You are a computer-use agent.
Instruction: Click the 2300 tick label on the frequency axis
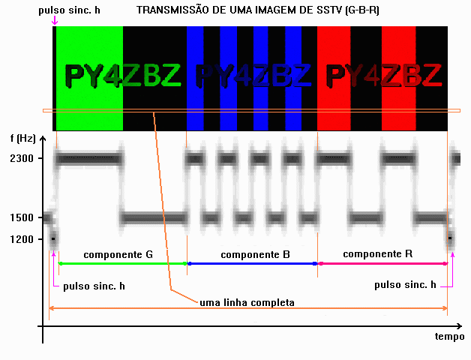tap(22, 158)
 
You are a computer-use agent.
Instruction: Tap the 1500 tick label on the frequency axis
tap(22, 217)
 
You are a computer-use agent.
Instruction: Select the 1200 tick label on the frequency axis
tap(22, 239)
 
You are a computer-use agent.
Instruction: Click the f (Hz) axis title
tap(22, 138)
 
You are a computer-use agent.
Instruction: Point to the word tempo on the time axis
tap(449, 336)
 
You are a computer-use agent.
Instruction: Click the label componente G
tap(118, 255)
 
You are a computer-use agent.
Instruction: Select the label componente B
tap(255, 255)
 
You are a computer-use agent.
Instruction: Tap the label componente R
tap(377, 254)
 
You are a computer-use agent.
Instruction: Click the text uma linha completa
tap(247, 302)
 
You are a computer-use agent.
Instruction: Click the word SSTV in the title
tap(329, 10)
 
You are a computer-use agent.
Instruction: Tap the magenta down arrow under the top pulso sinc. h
tap(55, 20)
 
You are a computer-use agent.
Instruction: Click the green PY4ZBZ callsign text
tap(123, 75)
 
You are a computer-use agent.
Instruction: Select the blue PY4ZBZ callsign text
tap(253, 75)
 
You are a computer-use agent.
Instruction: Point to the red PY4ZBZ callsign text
tap(384, 75)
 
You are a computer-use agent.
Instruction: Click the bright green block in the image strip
tap(89, 79)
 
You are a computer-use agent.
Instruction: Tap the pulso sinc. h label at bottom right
tap(405, 285)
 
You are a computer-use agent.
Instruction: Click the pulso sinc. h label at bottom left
tap(94, 286)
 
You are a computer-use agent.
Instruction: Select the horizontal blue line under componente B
tap(252, 263)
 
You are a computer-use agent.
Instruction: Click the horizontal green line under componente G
tap(122, 263)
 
